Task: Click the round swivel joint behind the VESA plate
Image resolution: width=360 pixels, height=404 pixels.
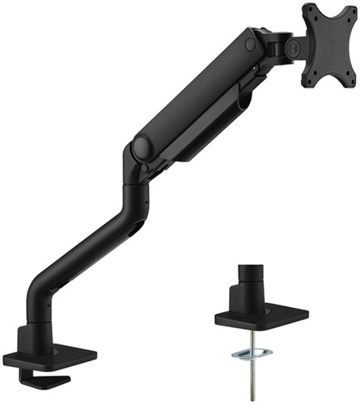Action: pyautogui.click(x=287, y=47)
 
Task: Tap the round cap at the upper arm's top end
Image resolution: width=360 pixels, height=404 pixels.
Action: pyautogui.click(x=252, y=45)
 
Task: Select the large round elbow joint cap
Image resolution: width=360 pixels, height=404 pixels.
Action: pyautogui.click(x=142, y=147)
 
